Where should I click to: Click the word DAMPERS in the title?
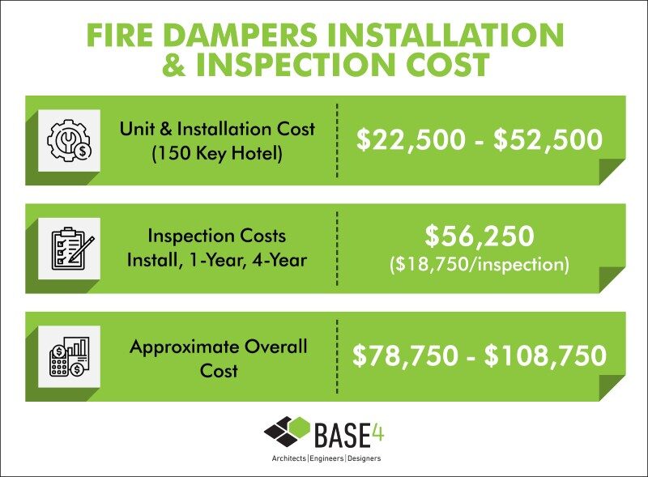(241, 35)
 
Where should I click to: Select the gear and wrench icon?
(69, 141)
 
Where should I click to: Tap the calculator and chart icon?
(69, 356)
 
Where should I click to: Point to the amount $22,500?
(411, 139)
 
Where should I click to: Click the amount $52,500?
(548, 139)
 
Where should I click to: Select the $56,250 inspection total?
(480, 236)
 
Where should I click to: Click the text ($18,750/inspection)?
(480, 264)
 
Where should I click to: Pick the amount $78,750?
(406, 356)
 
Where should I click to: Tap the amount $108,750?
(545, 356)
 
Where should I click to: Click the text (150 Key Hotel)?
(217, 154)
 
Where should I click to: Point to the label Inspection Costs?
(217, 236)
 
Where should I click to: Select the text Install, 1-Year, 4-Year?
(217, 261)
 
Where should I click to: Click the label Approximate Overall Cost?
(218, 359)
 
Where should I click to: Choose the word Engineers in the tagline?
(326, 458)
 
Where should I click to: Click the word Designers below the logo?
(364, 458)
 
